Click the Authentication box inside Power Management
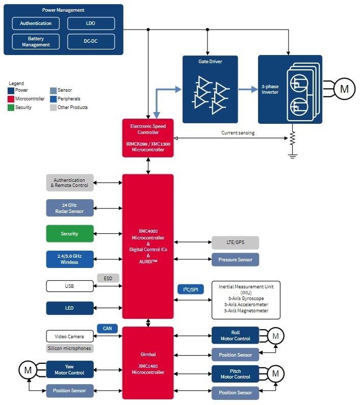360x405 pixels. click(x=36, y=23)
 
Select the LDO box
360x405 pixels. click(x=91, y=23)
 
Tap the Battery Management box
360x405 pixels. click(x=36, y=42)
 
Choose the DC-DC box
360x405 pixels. click(x=91, y=42)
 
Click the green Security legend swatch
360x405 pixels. click(x=11, y=107)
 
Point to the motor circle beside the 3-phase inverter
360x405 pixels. click(x=344, y=89)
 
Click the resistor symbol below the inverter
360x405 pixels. click(x=292, y=138)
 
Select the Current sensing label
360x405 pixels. click(x=238, y=133)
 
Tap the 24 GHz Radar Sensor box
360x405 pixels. click(x=70, y=208)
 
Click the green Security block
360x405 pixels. click(x=70, y=234)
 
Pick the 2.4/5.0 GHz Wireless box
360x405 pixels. click(x=70, y=259)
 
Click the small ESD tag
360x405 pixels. click(x=108, y=278)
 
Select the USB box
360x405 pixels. click(x=70, y=286)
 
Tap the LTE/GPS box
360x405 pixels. click(x=235, y=242)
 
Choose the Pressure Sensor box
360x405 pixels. click(x=235, y=259)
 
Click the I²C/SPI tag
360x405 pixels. click(x=190, y=289)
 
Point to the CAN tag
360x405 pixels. click(x=108, y=329)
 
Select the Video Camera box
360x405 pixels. click(x=70, y=336)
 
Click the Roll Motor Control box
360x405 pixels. click(x=235, y=336)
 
